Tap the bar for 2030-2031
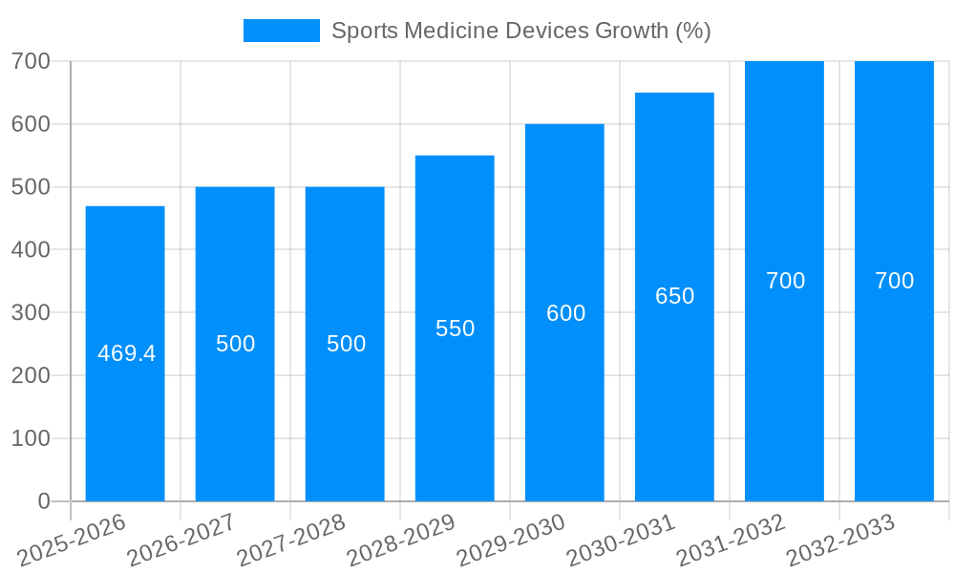(x=674, y=401)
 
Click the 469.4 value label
(x=126, y=353)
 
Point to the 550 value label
(x=455, y=329)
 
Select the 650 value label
(x=674, y=296)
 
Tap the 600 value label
(x=565, y=313)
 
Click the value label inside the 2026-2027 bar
(x=235, y=344)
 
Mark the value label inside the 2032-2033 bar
(x=894, y=281)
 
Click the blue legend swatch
(x=282, y=31)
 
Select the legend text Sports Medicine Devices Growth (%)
(x=520, y=31)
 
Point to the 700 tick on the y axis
(x=31, y=61)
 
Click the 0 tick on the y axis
(x=43, y=501)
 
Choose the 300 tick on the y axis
(x=31, y=312)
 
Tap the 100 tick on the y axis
(x=31, y=438)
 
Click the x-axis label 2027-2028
(x=291, y=541)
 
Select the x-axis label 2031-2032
(x=732, y=541)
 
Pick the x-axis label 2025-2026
(x=72, y=541)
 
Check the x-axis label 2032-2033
(x=841, y=541)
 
